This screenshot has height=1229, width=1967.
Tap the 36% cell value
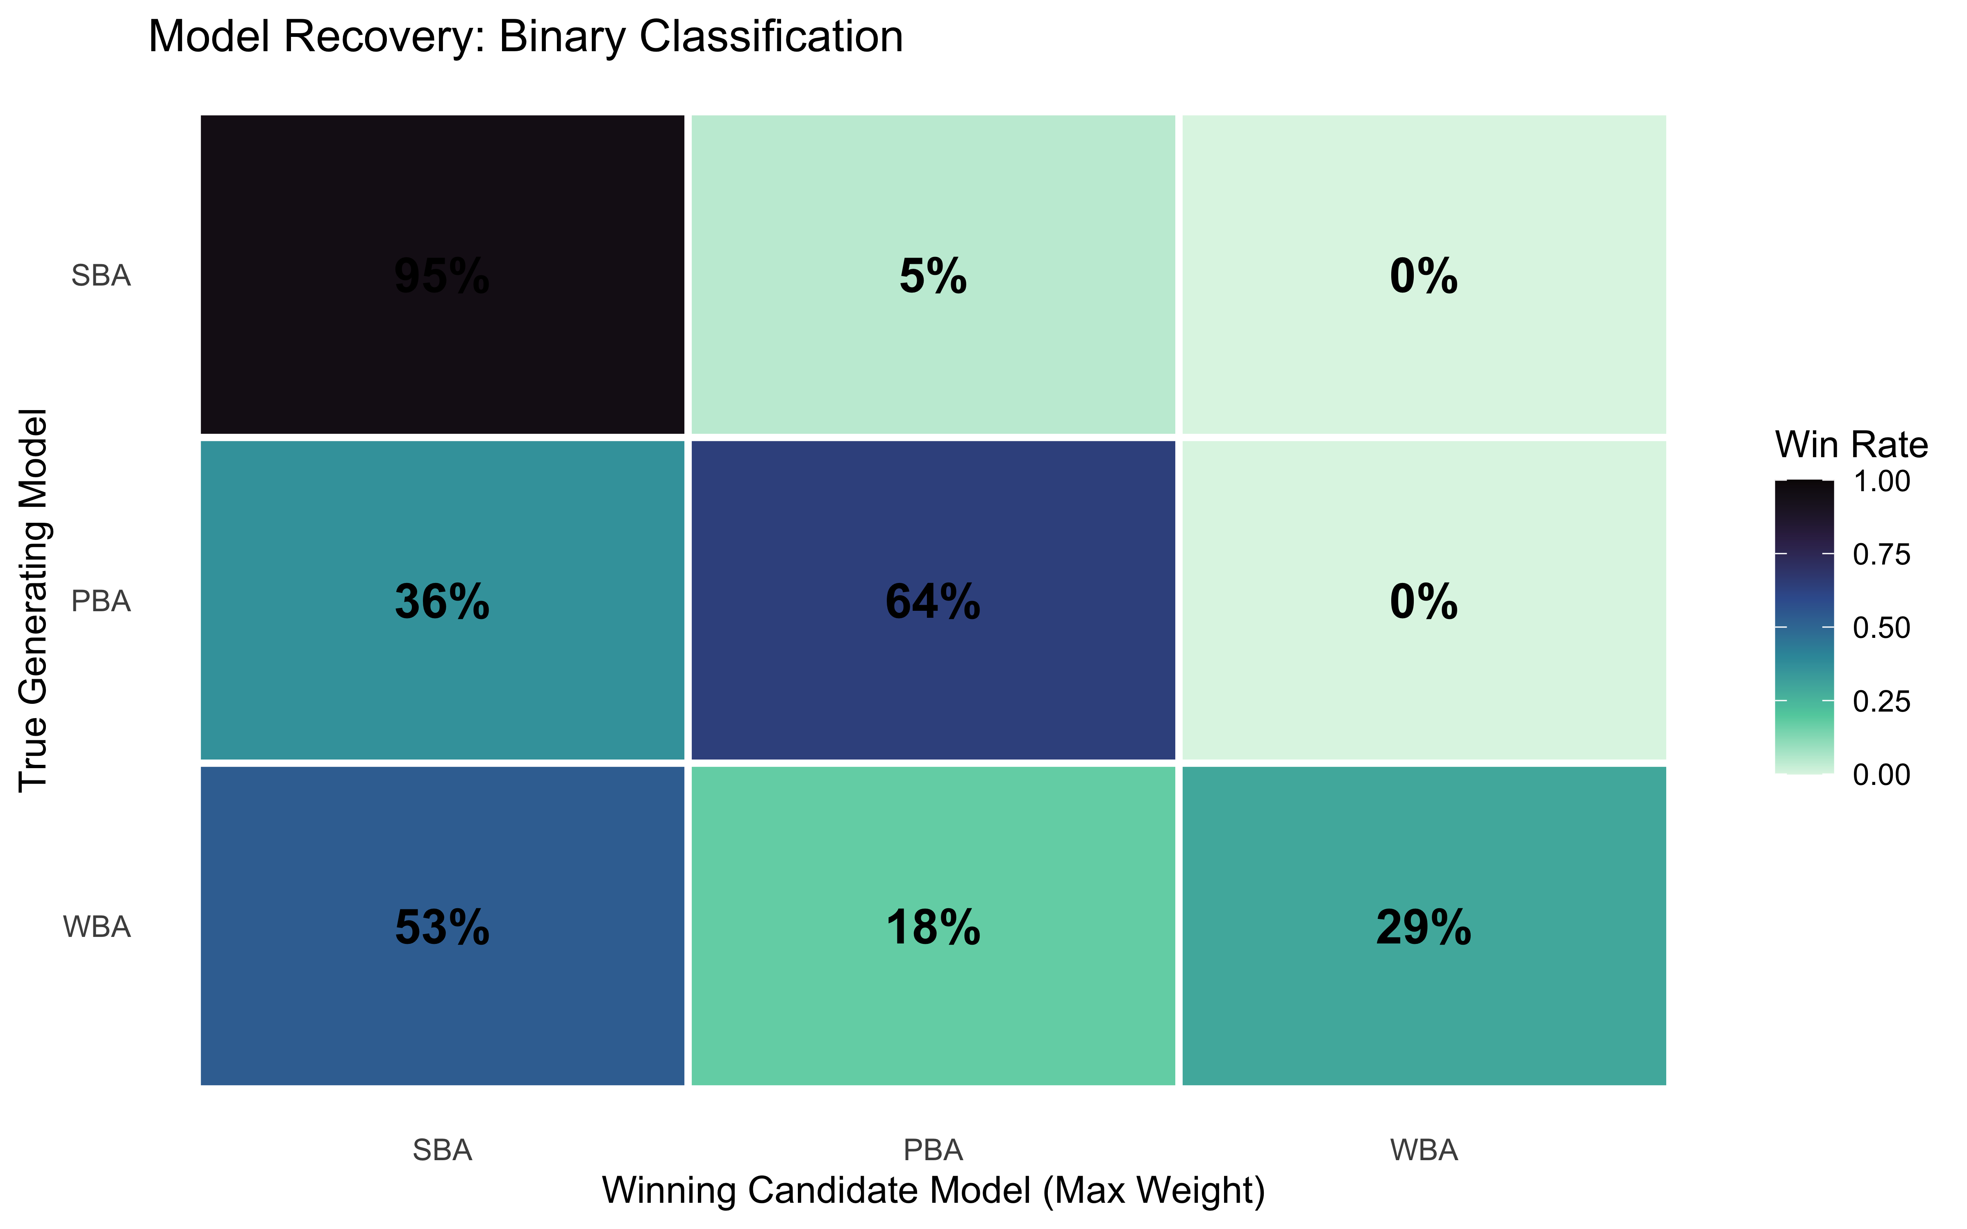pyautogui.click(x=442, y=602)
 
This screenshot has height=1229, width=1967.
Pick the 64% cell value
pyautogui.click(x=933, y=602)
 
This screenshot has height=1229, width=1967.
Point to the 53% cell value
pyautogui.click(x=442, y=927)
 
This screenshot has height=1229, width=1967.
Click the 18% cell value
pyautogui.click(x=933, y=927)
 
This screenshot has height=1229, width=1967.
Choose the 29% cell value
pyautogui.click(x=1423, y=927)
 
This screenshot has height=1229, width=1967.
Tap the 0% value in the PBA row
pyautogui.click(x=1423, y=602)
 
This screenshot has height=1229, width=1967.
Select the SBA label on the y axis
pyautogui.click(x=101, y=277)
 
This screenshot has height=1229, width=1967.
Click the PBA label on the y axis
pyautogui.click(x=101, y=601)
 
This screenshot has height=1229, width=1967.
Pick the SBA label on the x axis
pyautogui.click(x=442, y=1150)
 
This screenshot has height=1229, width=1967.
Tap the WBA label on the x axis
pyautogui.click(x=1423, y=1150)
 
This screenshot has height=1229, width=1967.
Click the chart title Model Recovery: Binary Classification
pyautogui.click(x=525, y=37)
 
